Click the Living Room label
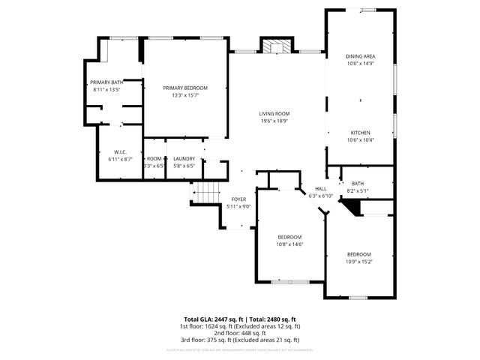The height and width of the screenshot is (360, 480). (274, 113)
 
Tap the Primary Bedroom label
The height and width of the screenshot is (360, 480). (185, 88)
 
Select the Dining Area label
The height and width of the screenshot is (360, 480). (360, 57)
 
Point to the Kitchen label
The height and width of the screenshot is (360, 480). (360, 133)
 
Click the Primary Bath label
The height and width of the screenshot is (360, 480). (106, 82)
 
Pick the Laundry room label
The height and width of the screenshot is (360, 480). (184, 159)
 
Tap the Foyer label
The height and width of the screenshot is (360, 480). (238, 199)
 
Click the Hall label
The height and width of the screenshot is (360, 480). (321, 189)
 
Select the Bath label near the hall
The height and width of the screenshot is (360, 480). (356, 184)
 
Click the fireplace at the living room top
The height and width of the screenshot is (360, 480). (274, 46)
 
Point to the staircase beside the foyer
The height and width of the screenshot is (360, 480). (207, 192)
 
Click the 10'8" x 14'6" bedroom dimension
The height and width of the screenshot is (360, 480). (289, 244)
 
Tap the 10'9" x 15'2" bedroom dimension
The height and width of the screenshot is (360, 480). (358, 261)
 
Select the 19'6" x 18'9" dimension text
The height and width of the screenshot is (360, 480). (274, 120)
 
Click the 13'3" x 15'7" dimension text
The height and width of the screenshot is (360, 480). (185, 95)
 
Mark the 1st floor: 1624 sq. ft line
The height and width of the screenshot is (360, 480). (239, 326)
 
